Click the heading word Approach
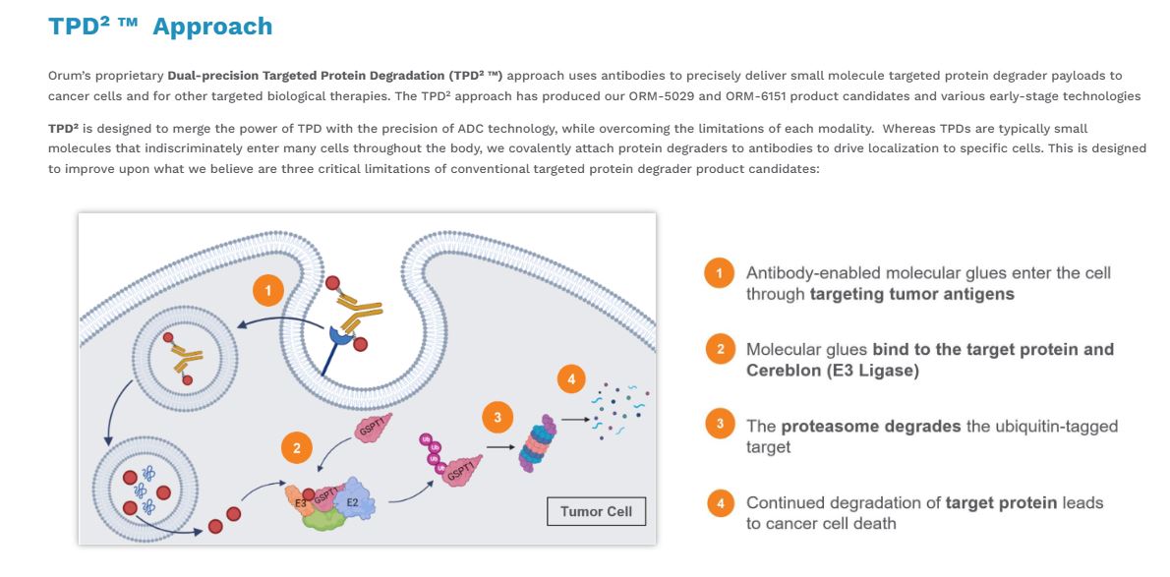(212, 27)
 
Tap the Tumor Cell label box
(597, 512)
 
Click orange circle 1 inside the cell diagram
(268, 291)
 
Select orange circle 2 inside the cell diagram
(296, 448)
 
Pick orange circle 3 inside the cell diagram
(497, 418)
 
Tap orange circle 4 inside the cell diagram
(570, 378)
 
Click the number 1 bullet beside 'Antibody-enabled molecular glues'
(720, 273)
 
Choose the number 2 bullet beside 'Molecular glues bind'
(720, 349)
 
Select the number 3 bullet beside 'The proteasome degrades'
(720, 426)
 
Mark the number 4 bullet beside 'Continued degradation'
(720, 503)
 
